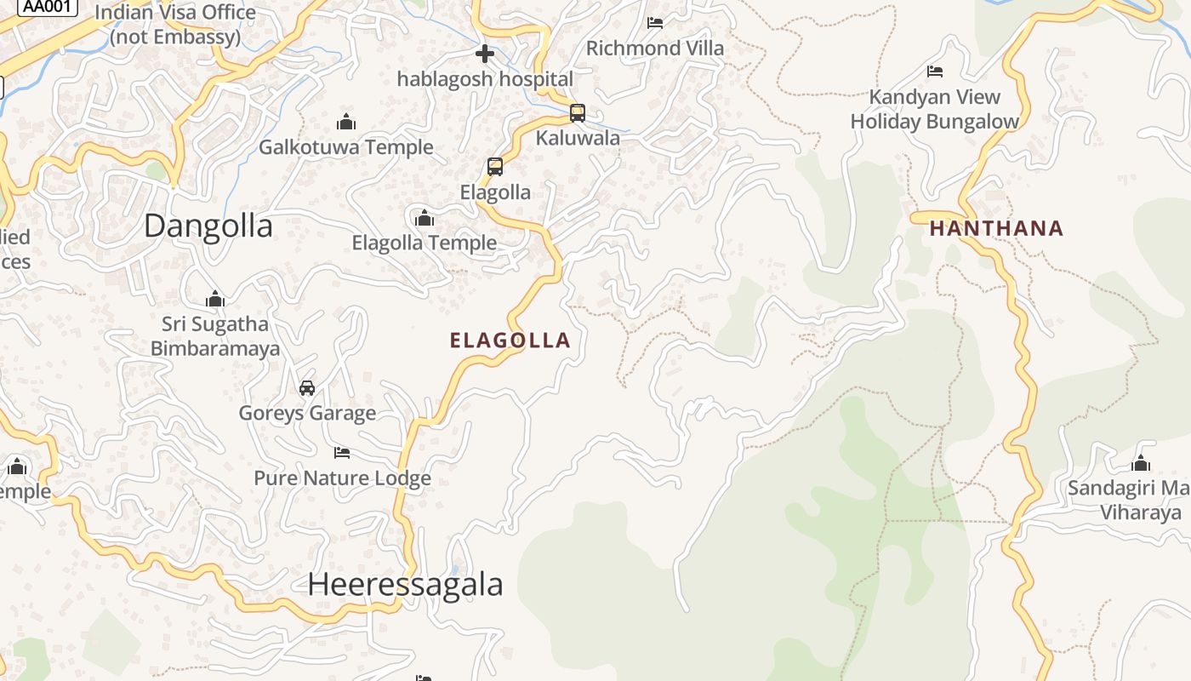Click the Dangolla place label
point(208,226)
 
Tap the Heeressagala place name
point(405,585)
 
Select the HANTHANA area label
point(996,228)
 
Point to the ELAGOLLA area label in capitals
point(510,340)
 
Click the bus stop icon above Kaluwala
point(578,112)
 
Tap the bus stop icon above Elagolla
point(495,167)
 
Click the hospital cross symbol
point(485,54)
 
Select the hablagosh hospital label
point(485,79)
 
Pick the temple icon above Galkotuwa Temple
point(346,122)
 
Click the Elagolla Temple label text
point(425,243)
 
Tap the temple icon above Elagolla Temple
point(425,218)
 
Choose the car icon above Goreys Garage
point(307,388)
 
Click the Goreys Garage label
point(307,413)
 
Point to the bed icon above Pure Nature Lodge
point(342,453)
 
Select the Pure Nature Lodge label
point(342,478)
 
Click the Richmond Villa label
point(655,48)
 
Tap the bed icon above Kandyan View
point(935,72)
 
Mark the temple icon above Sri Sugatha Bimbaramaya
point(215,299)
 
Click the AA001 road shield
point(47,7)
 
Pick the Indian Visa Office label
point(175,25)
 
